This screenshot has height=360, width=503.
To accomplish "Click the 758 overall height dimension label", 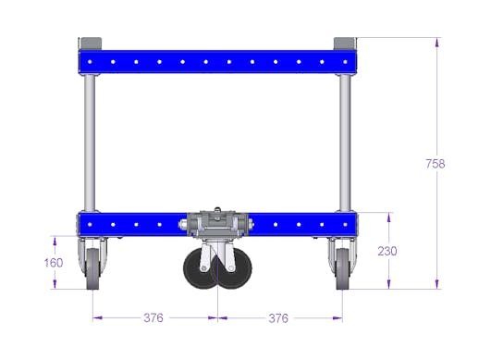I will pos(436,164).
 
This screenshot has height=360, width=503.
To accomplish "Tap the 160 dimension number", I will pos(54,262).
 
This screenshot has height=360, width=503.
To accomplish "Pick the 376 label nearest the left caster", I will pos(153,318).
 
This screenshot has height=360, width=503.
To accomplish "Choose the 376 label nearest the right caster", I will pos(277,318).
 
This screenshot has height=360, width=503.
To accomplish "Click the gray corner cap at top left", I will pos(91,43).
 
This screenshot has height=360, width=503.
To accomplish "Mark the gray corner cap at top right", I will pos(343,43).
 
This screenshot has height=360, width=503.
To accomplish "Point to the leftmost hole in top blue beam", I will pos(90,62).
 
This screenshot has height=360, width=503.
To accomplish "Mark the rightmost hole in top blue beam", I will pos(344,62).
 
